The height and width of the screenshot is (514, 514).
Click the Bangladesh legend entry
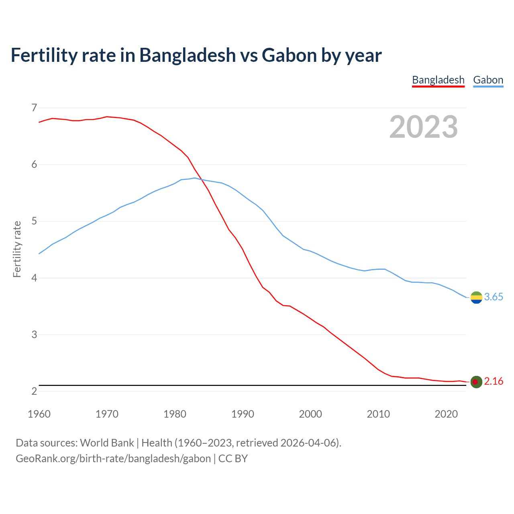[x=438, y=80]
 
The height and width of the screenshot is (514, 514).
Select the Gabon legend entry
[x=488, y=80]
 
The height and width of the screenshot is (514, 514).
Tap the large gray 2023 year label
[x=424, y=127]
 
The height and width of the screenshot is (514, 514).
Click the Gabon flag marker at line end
[x=476, y=297]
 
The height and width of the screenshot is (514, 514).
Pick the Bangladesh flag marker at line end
[x=476, y=381]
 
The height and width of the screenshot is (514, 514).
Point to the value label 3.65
[x=494, y=297]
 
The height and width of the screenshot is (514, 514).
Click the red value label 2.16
[x=494, y=381]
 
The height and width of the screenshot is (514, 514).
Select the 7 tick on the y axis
[x=34, y=108]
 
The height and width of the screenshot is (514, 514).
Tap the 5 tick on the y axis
[x=34, y=221]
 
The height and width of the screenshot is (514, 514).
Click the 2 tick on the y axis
[x=34, y=391]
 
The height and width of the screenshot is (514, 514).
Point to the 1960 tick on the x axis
[x=39, y=414]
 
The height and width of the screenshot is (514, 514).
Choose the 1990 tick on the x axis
[x=243, y=414]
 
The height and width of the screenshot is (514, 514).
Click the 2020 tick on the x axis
[x=446, y=414]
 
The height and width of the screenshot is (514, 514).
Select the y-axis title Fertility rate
[x=17, y=249]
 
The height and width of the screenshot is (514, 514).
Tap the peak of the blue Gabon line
[x=195, y=178]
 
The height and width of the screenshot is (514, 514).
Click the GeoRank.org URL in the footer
[x=113, y=459]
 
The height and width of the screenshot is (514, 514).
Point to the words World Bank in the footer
[x=107, y=443]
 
